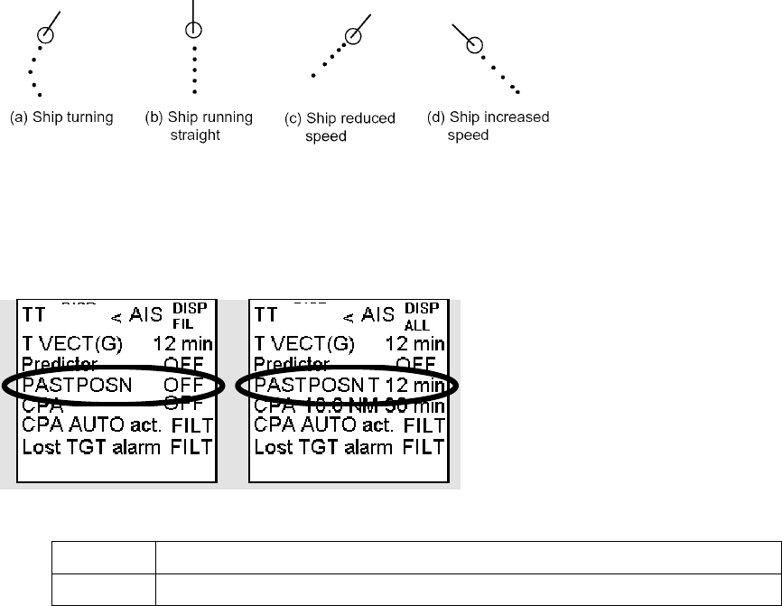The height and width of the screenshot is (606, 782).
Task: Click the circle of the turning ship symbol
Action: (46, 34)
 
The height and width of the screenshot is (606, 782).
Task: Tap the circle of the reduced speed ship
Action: (354, 35)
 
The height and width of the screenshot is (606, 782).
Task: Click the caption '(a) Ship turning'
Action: (61, 118)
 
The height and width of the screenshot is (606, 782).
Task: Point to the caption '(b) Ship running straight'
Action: (200, 126)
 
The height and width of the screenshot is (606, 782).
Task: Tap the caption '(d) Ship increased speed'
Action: (488, 126)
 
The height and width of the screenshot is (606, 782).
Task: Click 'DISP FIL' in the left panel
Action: (195, 316)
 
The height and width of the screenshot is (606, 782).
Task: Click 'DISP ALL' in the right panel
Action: (428, 316)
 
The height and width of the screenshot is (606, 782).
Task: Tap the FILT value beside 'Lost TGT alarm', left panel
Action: (192, 446)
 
